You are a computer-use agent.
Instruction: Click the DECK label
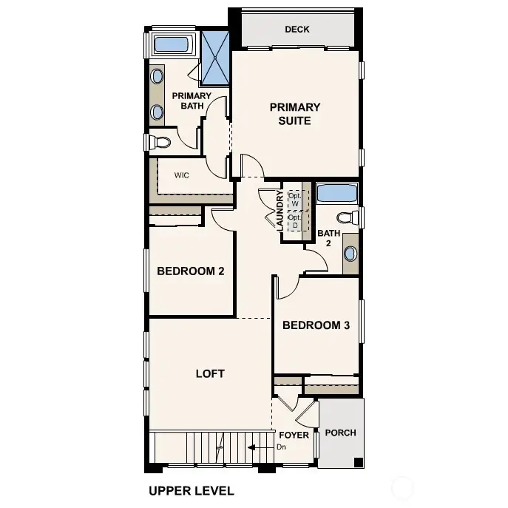297,30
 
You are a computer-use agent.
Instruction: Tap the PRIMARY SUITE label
294,114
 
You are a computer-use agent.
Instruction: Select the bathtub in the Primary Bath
171,44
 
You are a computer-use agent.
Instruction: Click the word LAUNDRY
280,210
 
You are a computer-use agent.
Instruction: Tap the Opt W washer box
294,198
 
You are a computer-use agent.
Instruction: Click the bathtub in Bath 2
337,194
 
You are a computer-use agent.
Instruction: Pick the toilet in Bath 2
346,217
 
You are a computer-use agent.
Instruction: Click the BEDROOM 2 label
190,271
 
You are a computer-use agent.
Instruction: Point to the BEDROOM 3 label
316,325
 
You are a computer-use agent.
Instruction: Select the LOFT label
210,373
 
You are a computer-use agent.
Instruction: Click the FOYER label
294,435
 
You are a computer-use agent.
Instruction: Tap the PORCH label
340,433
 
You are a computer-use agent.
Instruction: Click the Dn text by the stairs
281,447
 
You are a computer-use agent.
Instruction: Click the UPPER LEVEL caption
191,490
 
